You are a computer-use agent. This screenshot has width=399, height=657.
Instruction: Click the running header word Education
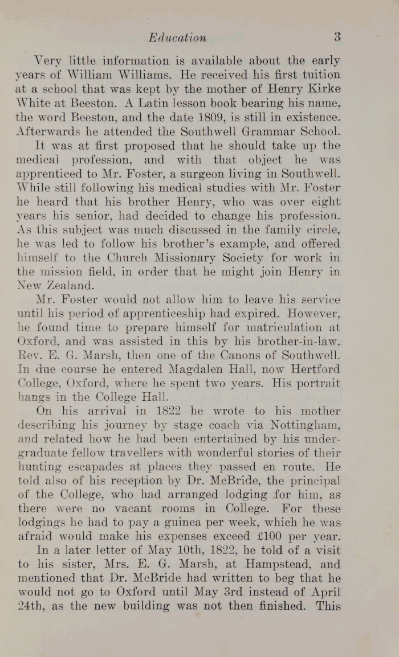tap(177, 38)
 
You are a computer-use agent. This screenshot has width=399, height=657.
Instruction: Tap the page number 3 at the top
tap(337, 37)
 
